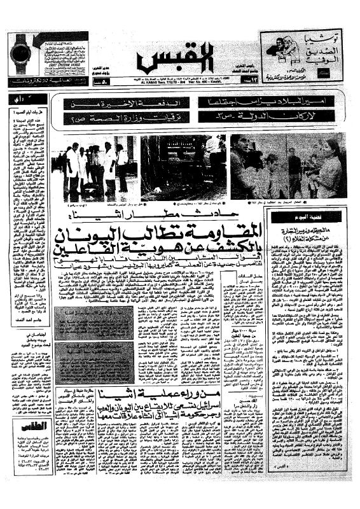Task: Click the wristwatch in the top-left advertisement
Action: click(25, 54)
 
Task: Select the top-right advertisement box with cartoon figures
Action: click(304, 54)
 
